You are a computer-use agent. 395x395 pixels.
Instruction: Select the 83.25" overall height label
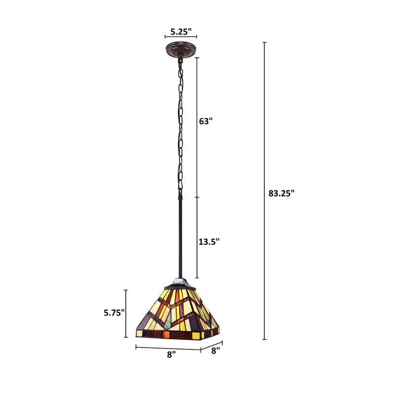[x=281, y=193]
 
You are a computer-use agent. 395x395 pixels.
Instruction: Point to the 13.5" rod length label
[x=209, y=241]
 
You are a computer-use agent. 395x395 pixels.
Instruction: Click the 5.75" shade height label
[x=114, y=312]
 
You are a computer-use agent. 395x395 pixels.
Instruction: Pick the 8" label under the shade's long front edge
[x=171, y=355]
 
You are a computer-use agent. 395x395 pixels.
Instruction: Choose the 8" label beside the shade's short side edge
[x=215, y=351]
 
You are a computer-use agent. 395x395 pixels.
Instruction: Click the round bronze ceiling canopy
[x=181, y=50]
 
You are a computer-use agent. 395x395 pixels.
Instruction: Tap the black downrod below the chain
[x=181, y=237]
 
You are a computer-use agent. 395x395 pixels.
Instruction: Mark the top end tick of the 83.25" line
[x=265, y=43]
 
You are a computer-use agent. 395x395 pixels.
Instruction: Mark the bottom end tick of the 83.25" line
[x=265, y=339]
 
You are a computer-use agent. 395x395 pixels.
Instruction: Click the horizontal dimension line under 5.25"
[x=181, y=37]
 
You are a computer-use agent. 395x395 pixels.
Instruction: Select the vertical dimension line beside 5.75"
[x=126, y=311]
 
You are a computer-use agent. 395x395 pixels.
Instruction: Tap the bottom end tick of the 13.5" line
[x=197, y=277]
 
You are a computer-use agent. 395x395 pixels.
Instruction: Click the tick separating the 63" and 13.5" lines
[x=197, y=197]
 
